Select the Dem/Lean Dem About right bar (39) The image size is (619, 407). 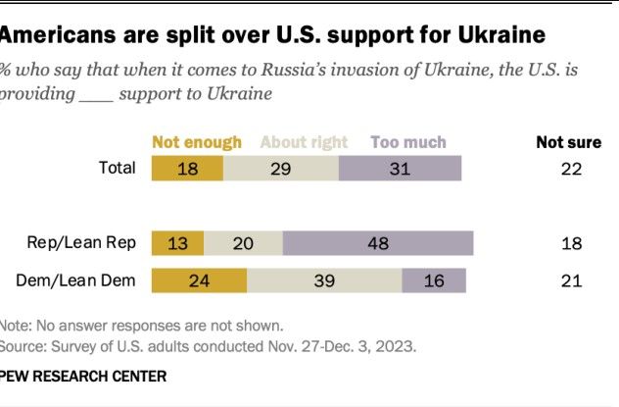click(x=324, y=280)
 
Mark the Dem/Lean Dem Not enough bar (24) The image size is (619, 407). click(x=200, y=280)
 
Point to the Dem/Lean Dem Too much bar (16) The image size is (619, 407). click(x=434, y=280)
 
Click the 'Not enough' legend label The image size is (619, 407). click(x=197, y=142)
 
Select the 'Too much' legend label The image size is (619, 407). click(x=408, y=142)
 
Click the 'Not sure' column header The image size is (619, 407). click(x=568, y=142)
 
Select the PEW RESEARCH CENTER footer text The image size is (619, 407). click(x=83, y=376)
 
